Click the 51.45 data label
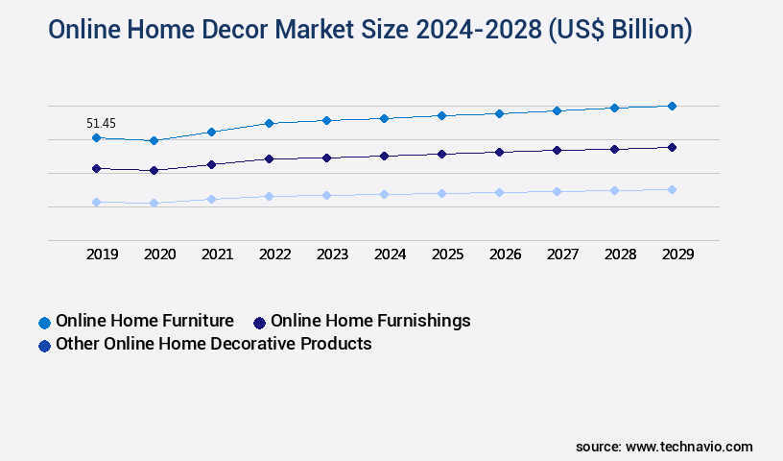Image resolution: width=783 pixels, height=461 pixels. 101,123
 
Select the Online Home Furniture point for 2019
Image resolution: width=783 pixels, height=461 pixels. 96,138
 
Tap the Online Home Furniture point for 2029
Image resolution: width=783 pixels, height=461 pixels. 672,106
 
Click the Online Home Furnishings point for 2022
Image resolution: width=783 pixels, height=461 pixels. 269,158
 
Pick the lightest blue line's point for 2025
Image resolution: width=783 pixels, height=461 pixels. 441,193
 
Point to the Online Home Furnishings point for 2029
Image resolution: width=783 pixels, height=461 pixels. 672,147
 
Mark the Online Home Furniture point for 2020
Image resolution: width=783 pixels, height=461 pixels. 154,141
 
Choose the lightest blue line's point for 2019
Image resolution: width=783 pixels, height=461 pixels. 96,203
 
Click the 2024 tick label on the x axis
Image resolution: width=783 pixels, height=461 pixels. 390,255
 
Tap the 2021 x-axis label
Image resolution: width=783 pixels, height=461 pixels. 217,255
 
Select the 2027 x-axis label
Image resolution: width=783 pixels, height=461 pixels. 562,255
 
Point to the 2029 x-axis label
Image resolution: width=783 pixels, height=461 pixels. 677,255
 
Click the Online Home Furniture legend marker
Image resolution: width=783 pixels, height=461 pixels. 44,322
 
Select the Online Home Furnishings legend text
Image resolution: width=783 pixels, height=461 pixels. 370,321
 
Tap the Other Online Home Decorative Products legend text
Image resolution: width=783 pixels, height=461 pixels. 213,344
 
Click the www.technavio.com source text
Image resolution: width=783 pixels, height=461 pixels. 689,447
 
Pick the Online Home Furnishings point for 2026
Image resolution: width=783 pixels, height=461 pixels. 499,152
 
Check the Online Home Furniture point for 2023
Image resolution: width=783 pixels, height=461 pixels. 326,120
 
